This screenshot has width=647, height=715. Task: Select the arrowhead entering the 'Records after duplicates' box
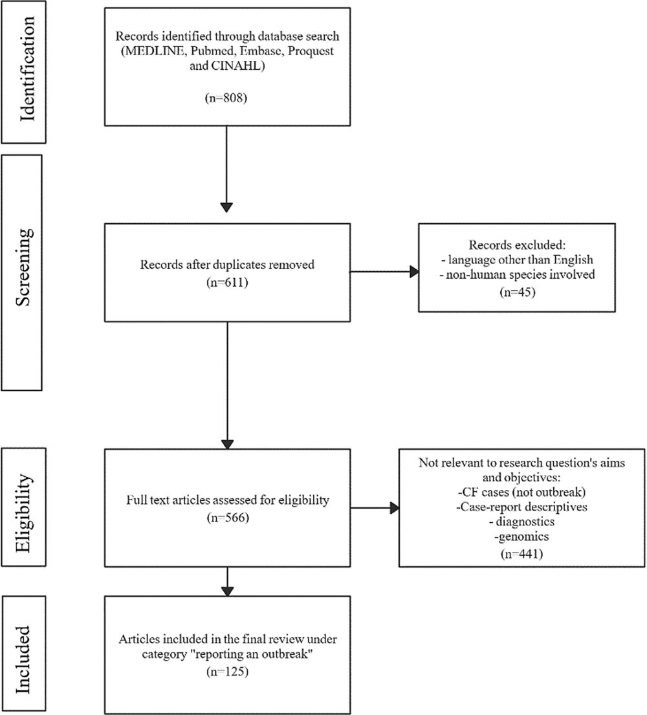pos(227,207)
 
